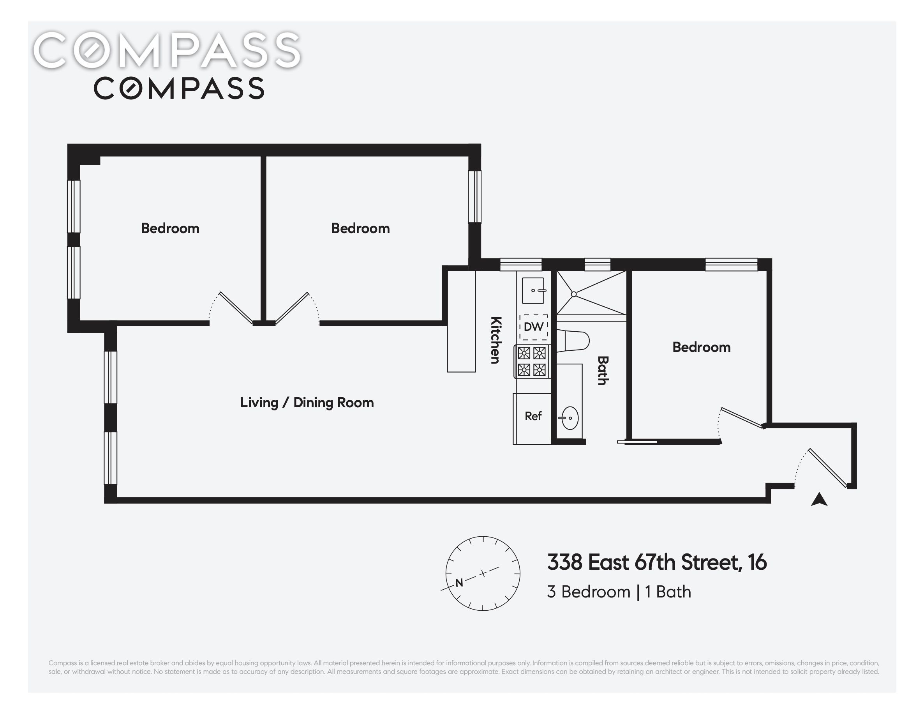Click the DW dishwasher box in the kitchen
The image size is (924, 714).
[x=534, y=327]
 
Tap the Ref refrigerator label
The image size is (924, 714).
[x=533, y=416]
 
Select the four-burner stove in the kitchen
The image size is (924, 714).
[x=532, y=361]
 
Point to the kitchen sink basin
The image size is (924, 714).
[x=533, y=290]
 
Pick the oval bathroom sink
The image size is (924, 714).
[x=570, y=418]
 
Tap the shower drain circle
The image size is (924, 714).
[x=574, y=294]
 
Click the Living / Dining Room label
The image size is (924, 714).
[x=307, y=402]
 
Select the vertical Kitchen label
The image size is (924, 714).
[x=496, y=340]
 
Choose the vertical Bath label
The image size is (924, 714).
[x=603, y=370]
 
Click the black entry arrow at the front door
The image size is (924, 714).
[x=819, y=499]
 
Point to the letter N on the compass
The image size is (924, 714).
[x=459, y=583]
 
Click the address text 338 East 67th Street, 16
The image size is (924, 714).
[x=657, y=562]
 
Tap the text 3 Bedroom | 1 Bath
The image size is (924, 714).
[x=619, y=592]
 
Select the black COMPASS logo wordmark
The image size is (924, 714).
[x=179, y=88]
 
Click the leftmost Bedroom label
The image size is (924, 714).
[x=170, y=228]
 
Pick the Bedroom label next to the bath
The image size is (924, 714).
[x=702, y=347]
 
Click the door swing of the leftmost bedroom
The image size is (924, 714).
[x=231, y=308]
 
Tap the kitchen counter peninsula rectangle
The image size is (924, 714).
[x=462, y=321]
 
